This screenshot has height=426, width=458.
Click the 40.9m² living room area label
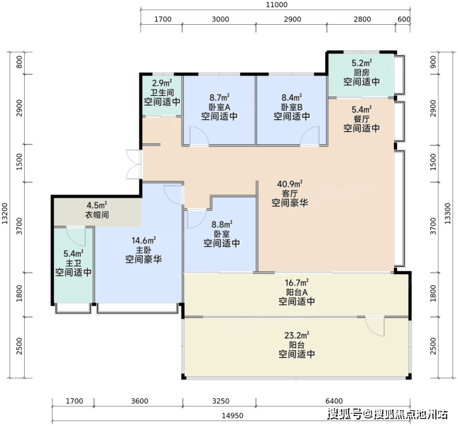point(290,184)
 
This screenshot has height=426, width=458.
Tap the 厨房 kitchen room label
point(361,72)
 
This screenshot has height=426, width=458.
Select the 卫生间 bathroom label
point(162,92)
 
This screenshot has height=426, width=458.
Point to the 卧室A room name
point(219,107)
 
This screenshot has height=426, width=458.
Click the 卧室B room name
point(292,107)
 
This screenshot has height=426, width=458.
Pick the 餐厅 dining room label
point(361,119)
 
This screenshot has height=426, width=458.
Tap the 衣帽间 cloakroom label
point(97,215)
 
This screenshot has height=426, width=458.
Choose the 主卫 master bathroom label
point(73,263)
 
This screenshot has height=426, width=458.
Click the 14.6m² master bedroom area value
point(143,241)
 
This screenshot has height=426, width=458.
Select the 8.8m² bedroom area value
point(222,224)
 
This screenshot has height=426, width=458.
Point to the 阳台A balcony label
point(297,292)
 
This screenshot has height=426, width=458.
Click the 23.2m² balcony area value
point(297,335)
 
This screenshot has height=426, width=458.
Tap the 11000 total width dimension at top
point(277,5)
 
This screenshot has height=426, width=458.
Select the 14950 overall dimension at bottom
point(232,415)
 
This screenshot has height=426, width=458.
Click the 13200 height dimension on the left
point(5,214)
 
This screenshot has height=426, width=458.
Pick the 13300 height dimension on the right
point(447,214)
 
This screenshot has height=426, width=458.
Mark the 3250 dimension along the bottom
point(221,401)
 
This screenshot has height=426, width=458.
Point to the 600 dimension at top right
point(404,19)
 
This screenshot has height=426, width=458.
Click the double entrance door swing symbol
point(134,164)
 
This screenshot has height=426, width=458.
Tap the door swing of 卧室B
point(310,135)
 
